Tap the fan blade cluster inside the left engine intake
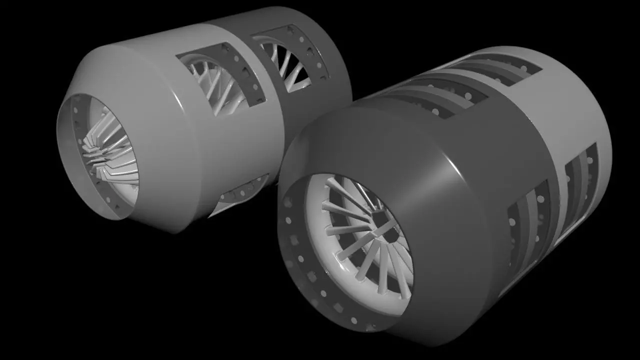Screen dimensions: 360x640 click(107, 150)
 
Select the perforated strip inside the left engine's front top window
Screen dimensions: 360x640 click(245, 75)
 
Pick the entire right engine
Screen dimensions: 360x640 click(445, 200)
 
